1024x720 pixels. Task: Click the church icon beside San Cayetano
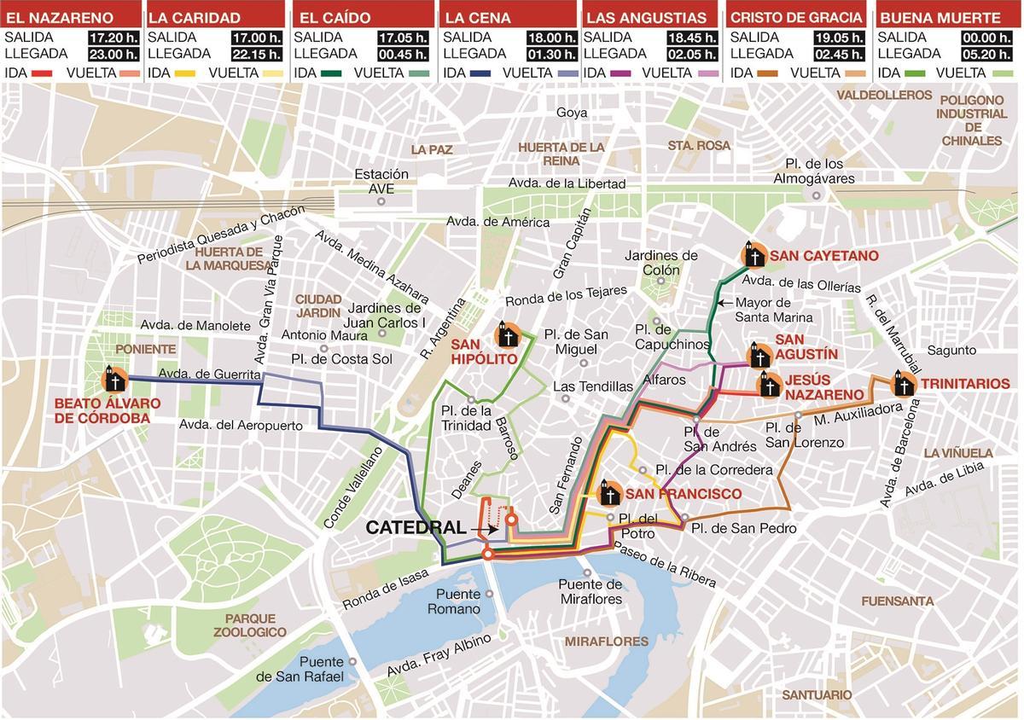tap(752, 255)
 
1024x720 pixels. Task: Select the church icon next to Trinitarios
tap(903, 385)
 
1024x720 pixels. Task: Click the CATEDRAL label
tap(416, 528)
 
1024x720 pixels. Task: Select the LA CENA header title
tap(478, 17)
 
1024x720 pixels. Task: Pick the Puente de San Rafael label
tap(302, 670)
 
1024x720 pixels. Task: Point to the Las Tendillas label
tap(593, 386)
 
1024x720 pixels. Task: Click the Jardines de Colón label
tap(661, 263)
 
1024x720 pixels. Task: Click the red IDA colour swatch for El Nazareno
tap(42, 73)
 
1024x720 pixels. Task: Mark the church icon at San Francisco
tap(609, 493)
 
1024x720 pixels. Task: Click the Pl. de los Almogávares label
tap(813, 171)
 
